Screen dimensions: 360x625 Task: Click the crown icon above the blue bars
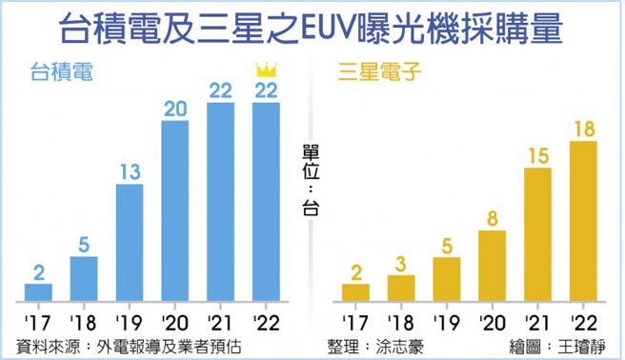(265, 70)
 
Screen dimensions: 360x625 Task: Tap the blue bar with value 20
(174, 210)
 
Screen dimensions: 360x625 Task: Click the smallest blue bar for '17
(38, 290)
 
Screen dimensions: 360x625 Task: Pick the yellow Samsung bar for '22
(582, 219)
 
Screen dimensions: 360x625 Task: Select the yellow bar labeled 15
(537, 232)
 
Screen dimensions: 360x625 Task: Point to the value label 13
(130, 171)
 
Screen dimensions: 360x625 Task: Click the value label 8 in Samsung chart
(492, 218)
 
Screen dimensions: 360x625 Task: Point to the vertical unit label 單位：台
(311, 181)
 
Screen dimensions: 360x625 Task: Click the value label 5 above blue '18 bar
(84, 243)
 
